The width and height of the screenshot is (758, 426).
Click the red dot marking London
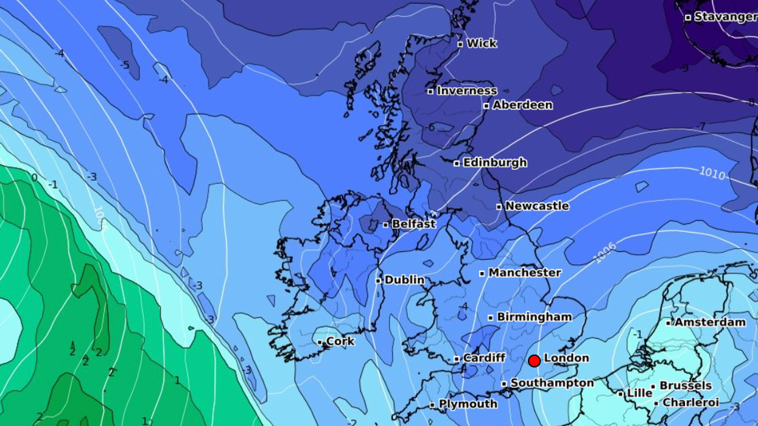[535, 361]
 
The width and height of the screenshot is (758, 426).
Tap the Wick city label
[482, 43]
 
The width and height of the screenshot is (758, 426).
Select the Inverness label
[466, 91]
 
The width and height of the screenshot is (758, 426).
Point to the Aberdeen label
[522, 105]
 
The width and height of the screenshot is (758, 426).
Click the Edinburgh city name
[494, 162]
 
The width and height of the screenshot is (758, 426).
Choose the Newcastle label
[536, 206]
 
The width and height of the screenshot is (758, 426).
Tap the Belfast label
[413, 224]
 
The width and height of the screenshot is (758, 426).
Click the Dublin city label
[404, 280]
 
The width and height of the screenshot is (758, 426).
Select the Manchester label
[524, 273]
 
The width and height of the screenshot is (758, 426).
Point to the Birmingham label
[534, 316]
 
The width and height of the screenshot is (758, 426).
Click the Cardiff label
[483, 358]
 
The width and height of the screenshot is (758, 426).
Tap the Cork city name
[340, 341]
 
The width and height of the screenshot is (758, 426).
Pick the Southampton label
[552, 383]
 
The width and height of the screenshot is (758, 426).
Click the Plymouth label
[468, 404]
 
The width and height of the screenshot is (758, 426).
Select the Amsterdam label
[709, 322]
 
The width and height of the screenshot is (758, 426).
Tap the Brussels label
[686, 385]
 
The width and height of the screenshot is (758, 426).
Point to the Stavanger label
[725, 17]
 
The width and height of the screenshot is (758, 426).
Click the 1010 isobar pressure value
[712, 173]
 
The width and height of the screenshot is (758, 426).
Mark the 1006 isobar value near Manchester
[605, 253]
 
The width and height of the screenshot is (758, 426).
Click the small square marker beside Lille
[621, 394]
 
